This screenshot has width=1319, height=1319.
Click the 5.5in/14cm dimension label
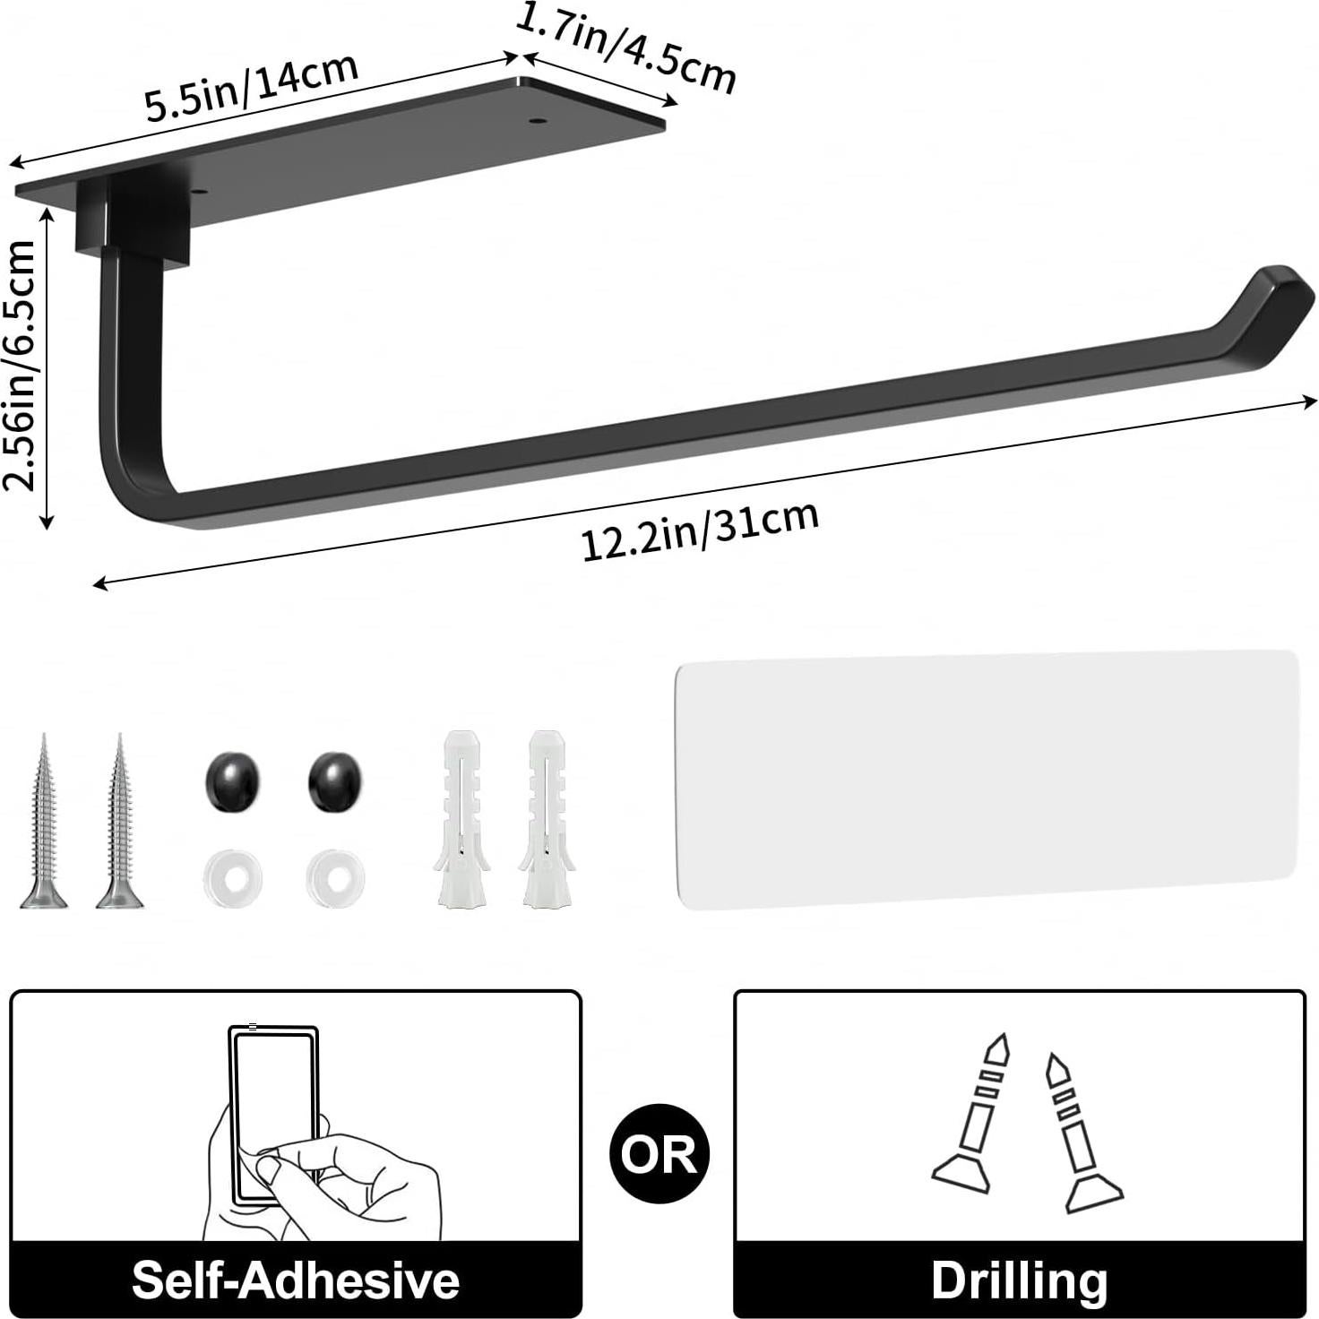click(252, 87)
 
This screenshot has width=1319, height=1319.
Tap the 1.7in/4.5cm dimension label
click(625, 50)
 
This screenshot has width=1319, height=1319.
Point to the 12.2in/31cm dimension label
click(700, 530)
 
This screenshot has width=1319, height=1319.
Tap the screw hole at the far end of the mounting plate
click(538, 118)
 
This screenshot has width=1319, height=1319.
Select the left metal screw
click(43, 824)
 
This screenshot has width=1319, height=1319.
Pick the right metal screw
click(120, 824)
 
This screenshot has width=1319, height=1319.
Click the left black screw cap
click(232, 782)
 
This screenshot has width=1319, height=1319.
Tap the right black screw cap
click(335, 782)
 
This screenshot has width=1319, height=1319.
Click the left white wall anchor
click(461, 819)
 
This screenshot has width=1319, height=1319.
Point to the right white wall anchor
click(546, 819)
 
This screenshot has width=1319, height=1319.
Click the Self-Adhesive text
click(296, 1279)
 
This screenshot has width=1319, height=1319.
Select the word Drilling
click(1019, 1279)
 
